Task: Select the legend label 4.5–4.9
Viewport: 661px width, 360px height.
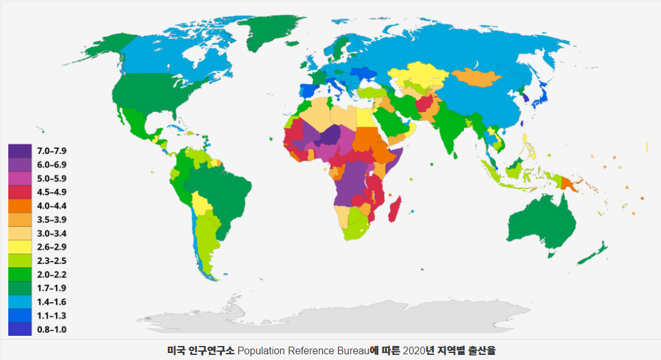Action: coord(52,192)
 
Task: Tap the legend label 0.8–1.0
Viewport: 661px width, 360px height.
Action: coord(52,329)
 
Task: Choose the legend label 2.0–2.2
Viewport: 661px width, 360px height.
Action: coord(52,275)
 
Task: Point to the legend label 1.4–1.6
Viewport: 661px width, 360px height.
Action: coord(52,302)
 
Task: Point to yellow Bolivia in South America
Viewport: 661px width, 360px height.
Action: coord(202,205)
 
